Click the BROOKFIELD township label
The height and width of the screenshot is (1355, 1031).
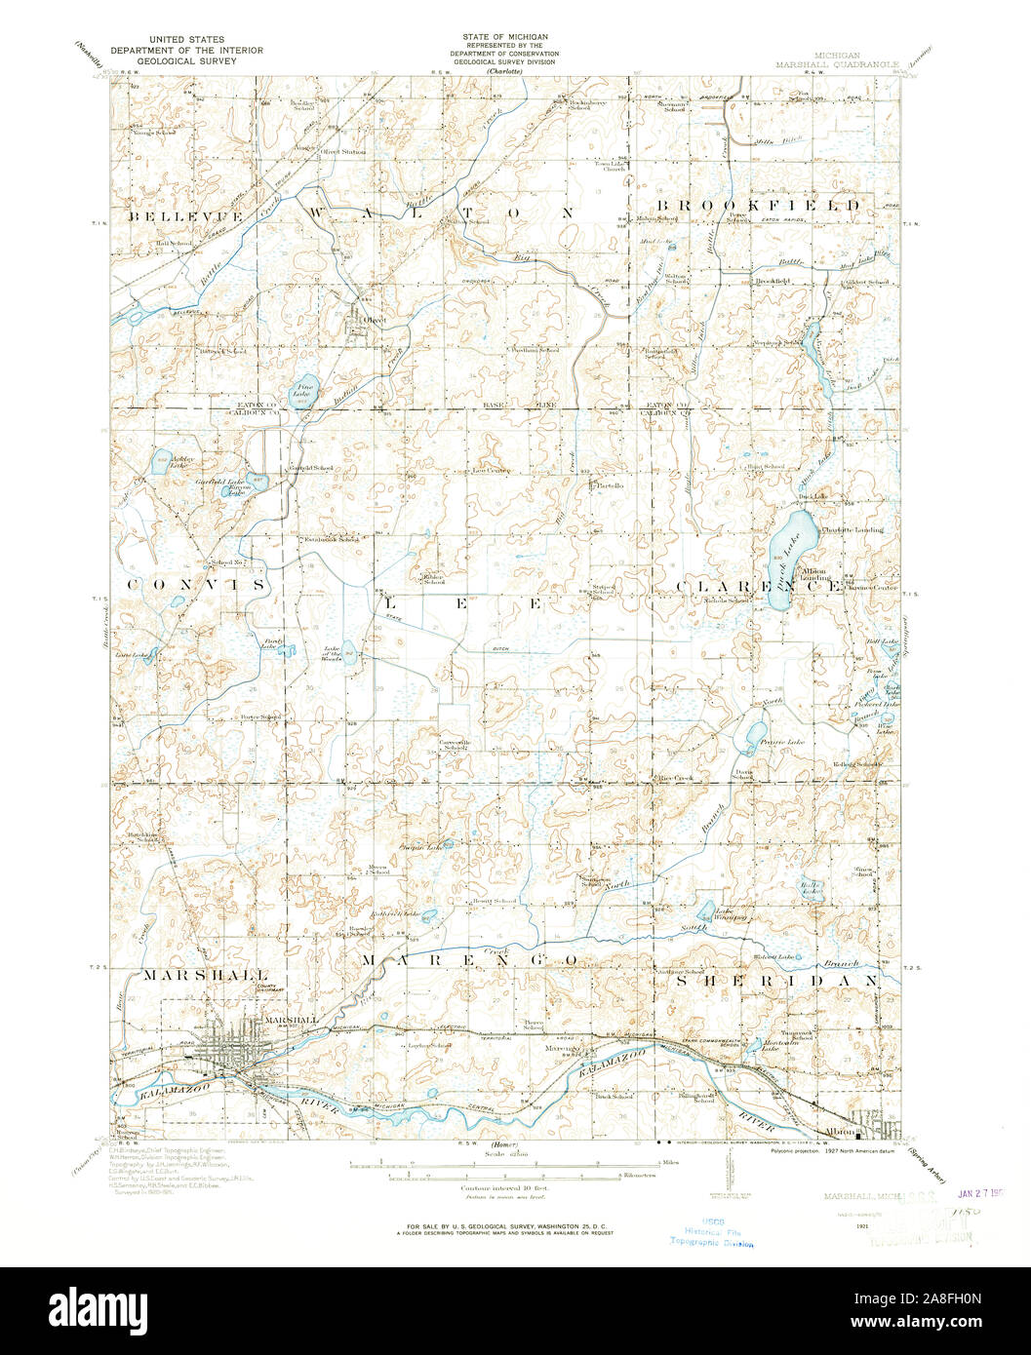[758, 206]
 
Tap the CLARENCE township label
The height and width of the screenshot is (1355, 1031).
[759, 587]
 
